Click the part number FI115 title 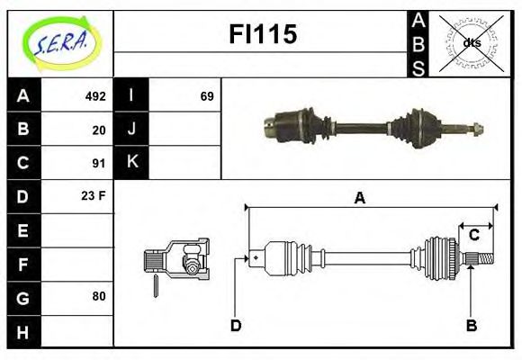(x=261, y=35)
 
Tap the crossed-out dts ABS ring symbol (x=472, y=42)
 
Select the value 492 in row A (x=94, y=96)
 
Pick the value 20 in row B (x=98, y=130)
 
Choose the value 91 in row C (x=98, y=163)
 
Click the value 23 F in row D (x=94, y=195)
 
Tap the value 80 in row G (x=98, y=296)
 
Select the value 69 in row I (x=206, y=96)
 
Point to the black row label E (x=23, y=230)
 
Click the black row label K (x=132, y=163)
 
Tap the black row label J (x=132, y=130)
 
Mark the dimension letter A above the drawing (x=359, y=198)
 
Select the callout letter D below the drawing (x=236, y=325)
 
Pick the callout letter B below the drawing (x=471, y=325)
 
